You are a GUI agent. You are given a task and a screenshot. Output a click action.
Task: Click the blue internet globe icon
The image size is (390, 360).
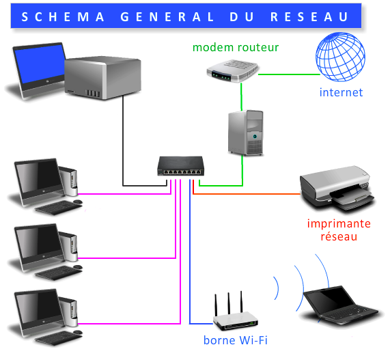coord(340,57)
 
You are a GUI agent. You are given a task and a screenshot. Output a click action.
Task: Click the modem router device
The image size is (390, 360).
coord(232,71)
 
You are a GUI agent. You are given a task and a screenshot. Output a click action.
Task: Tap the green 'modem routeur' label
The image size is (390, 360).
coord(236,47)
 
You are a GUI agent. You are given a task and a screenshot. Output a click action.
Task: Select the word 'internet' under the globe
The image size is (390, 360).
coord(341,92)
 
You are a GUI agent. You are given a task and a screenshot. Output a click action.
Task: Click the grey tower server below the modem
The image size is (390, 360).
coord(246,133)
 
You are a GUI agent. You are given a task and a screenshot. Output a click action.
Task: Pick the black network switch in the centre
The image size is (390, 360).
coord(180,166)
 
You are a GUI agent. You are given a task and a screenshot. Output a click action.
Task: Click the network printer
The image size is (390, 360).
coord(337,189)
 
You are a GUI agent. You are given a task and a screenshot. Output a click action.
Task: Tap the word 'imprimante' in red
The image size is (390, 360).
coord(339,223)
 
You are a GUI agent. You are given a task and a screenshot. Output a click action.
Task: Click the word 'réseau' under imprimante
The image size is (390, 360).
coord(339,236)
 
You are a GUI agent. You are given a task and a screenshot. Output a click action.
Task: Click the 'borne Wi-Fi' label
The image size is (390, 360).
coord(235,340)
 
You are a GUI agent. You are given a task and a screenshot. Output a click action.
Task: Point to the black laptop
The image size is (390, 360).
coord(340,305)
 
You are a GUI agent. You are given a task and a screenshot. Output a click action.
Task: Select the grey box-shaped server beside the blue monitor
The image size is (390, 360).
coord(102,78)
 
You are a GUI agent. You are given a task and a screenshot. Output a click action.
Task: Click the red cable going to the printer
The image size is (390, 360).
coord(247,193)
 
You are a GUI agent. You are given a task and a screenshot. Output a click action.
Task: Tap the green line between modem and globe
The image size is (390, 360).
coord(289,74)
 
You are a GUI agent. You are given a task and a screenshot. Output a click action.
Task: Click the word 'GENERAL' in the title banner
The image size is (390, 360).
coord(167,17)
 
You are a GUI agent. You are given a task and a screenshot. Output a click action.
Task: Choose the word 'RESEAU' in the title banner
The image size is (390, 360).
coord(309,17)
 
